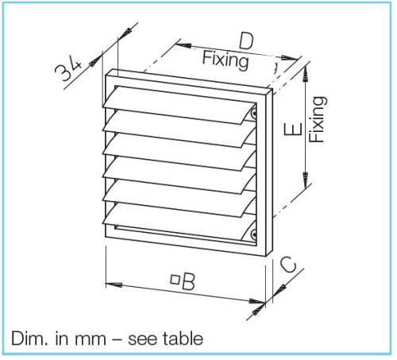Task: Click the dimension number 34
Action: tap(68, 69)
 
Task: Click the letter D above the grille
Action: tap(246, 41)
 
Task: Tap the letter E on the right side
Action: tap(293, 129)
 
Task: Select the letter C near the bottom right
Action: tap(288, 265)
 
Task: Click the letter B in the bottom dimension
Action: tap(188, 281)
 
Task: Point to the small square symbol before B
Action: tap(175, 280)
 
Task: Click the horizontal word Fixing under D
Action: tap(225, 60)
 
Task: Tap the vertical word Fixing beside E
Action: tap(318, 119)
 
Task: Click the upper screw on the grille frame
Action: tap(253, 114)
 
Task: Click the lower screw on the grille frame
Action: tap(253, 234)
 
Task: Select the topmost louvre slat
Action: tap(179, 104)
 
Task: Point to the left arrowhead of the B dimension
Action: tap(114, 285)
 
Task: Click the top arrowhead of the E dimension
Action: tap(306, 74)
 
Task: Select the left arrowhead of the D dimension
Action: tap(183, 45)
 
